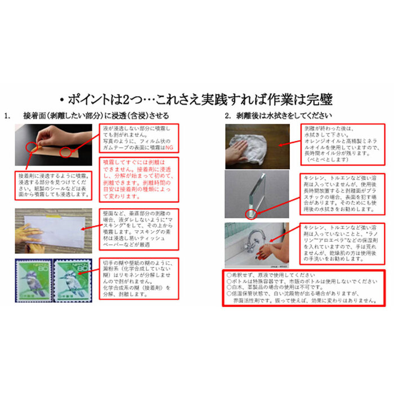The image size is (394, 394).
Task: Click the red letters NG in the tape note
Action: (168, 147)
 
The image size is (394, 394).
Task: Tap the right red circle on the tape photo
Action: (66, 152)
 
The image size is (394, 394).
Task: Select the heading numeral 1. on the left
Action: (7, 116)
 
